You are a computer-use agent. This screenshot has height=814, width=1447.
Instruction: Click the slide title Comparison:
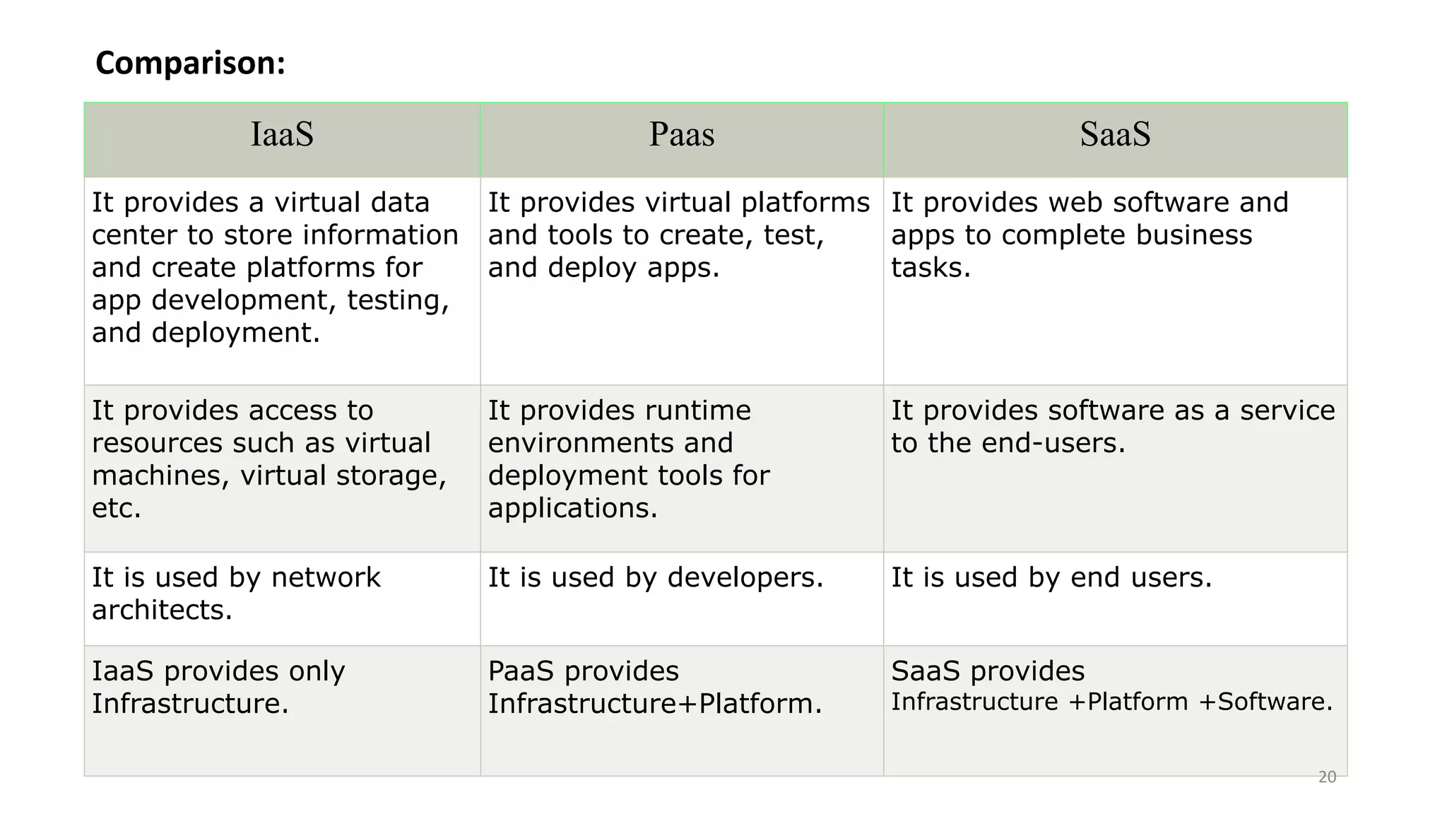tap(190, 63)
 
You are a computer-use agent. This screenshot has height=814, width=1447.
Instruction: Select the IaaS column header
tap(282, 134)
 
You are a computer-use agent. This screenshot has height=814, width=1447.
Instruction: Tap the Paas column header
tap(682, 134)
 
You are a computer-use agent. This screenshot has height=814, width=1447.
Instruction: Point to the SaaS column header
tap(1115, 134)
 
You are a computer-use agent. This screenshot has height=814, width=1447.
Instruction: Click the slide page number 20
tap(1327, 777)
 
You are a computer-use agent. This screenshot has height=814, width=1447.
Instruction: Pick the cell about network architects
tap(236, 594)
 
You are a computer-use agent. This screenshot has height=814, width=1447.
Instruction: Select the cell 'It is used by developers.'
tap(656, 577)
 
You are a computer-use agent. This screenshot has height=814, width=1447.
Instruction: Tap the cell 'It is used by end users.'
tap(1051, 577)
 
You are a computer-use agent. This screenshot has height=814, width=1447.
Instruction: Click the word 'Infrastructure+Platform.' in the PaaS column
tap(655, 704)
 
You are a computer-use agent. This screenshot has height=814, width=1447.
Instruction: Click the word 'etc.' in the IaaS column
tap(117, 508)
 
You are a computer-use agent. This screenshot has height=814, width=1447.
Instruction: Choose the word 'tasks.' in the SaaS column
tap(931, 268)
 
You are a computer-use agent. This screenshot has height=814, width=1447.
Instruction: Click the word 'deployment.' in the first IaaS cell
tap(236, 333)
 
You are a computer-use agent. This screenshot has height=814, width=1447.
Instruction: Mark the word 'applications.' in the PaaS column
tap(572, 508)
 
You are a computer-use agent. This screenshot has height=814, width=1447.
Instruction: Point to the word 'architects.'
tap(162, 610)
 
